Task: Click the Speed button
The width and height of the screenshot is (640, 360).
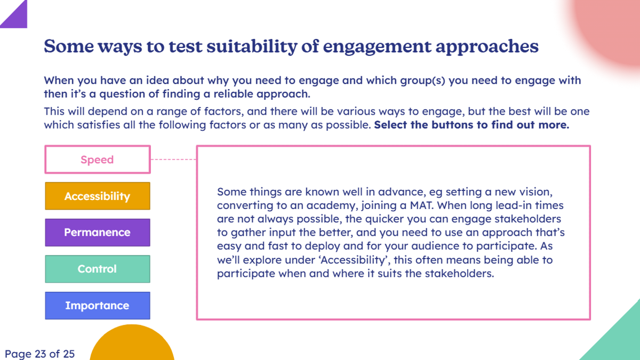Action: pos(98,159)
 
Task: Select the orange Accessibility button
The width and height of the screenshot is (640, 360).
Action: pos(98,196)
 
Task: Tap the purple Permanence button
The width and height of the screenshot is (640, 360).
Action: pos(98,233)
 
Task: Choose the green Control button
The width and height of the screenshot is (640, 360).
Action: pos(98,269)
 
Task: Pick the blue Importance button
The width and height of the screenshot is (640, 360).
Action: pos(98,306)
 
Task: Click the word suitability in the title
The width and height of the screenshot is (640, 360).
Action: pos(252,46)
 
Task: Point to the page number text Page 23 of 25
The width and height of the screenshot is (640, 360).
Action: pos(39,354)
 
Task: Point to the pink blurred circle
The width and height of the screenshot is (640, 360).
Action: pos(609,29)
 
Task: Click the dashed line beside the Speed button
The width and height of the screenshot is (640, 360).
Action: pos(173,159)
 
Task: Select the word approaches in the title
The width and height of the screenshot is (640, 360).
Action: pos(487,47)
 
